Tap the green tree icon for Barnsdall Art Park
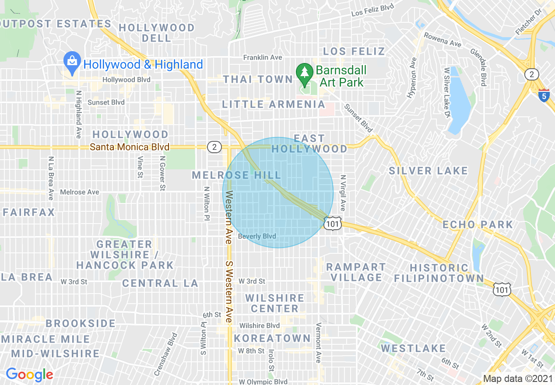coord(304,73)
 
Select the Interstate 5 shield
coord(544,94)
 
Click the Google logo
coord(29,374)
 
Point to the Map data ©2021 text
coord(517,378)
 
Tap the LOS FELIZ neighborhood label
coord(354,51)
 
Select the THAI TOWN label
coord(257,79)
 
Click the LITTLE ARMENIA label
coord(274,104)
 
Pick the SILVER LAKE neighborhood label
coord(428,171)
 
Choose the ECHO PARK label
coord(478,224)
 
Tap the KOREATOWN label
coord(272,338)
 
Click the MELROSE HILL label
coord(236,175)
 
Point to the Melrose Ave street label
coord(79,192)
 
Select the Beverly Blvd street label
coord(257,236)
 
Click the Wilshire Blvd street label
coord(259,325)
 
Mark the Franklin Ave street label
coord(263,57)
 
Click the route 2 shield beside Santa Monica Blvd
coord(214,147)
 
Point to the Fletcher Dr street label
coord(526,24)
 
